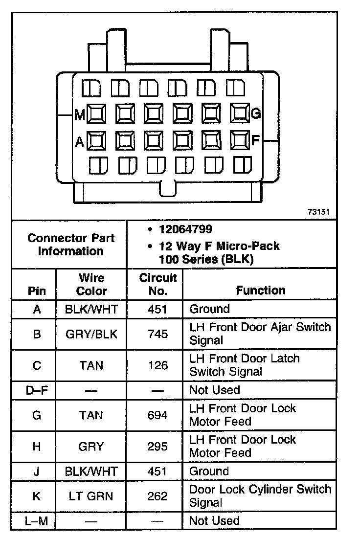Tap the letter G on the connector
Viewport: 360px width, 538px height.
(x=255, y=114)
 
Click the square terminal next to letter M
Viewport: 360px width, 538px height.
(x=96, y=114)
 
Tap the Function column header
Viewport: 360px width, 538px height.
(x=260, y=290)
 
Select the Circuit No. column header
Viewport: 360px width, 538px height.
(x=157, y=284)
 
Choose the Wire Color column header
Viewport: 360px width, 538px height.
(x=91, y=284)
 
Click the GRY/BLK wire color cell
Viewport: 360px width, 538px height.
(x=91, y=334)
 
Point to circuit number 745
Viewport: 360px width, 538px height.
(x=157, y=334)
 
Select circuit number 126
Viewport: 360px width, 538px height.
(x=157, y=365)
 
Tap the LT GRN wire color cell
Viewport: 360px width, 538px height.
(x=91, y=496)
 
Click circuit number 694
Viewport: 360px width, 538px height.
(x=157, y=415)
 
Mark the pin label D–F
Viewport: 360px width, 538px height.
(x=37, y=390)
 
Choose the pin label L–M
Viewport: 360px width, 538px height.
(x=37, y=521)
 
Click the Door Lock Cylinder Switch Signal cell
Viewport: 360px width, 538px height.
(x=260, y=495)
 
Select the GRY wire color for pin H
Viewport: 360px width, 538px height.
(x=91, y=447)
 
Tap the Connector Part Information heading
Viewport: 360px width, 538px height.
(x=71, y=245)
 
